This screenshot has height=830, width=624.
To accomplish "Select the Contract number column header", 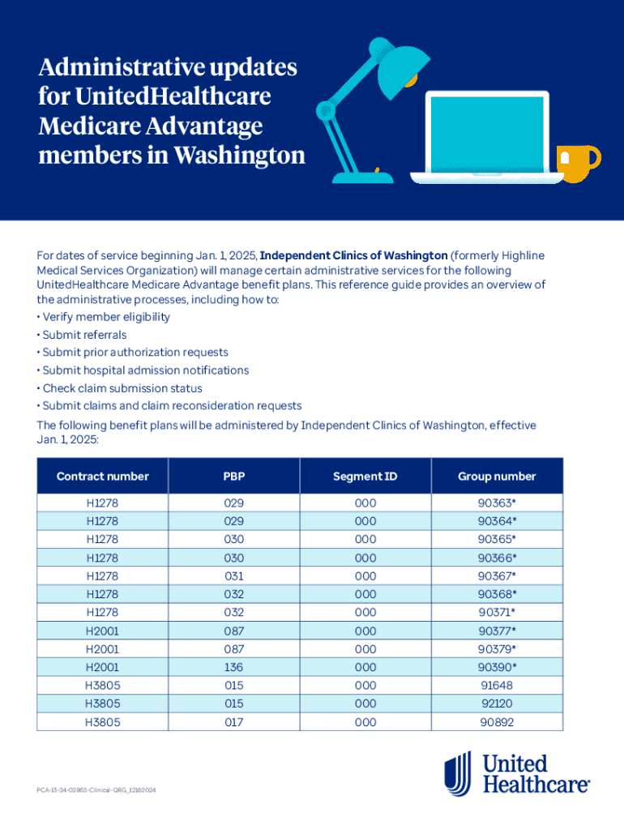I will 103,477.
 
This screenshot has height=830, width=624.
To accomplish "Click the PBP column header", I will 234,477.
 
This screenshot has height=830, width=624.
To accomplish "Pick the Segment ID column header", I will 365,477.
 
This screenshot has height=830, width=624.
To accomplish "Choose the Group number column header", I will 497,477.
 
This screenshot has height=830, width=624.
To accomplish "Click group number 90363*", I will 497,503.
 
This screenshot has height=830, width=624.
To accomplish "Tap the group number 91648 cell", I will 497,685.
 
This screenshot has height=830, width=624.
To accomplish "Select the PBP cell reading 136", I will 234,667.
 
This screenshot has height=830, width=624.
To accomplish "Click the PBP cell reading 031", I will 234,576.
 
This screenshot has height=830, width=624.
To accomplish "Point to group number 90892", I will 497,721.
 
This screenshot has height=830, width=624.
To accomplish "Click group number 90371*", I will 497,613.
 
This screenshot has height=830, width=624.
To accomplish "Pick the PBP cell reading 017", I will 234,721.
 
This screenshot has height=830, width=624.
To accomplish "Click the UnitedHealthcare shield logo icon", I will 458,772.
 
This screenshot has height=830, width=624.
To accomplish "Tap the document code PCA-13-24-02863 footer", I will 96,789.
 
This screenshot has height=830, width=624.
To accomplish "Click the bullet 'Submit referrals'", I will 84,335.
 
